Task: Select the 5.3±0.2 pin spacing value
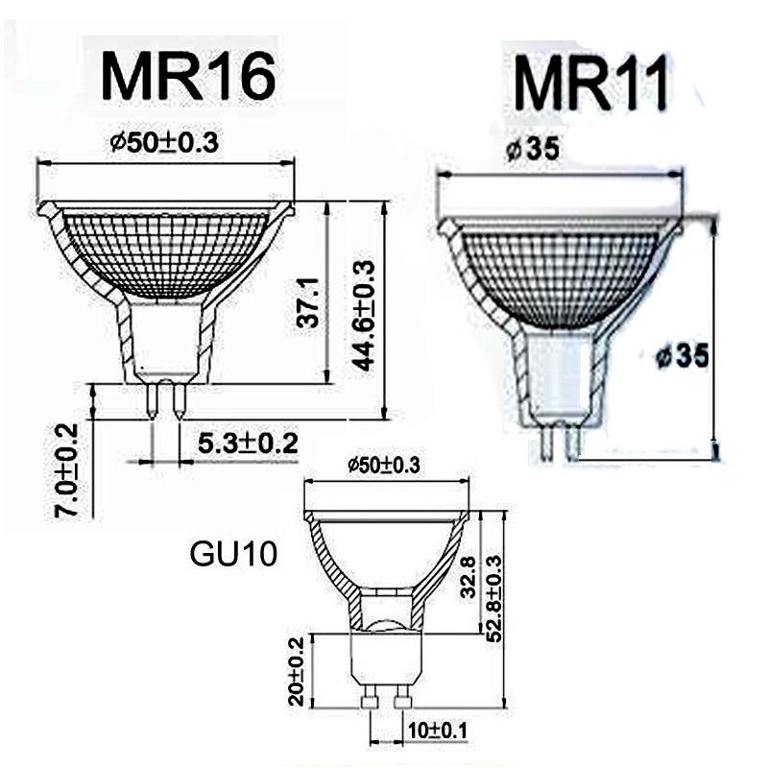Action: pyautogui.click(x=247, y=444)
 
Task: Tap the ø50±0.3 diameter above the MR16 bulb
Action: pyautogui.click(x=165, y=142)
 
